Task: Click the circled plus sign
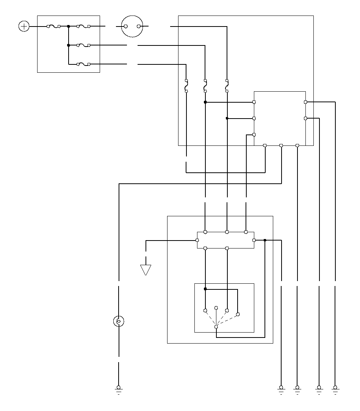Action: coord(24,27)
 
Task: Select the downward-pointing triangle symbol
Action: coord(146,270)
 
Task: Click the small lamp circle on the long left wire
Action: coord(119,322)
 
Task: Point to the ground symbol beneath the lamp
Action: coord(119,389)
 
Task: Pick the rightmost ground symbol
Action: coord(335,389)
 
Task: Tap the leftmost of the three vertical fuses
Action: coord(186,86)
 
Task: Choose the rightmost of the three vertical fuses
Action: coord(227,86)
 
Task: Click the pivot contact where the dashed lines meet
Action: coord(216,327)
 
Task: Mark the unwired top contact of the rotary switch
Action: coord(216,308)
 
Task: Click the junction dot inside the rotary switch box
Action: coord(205,289)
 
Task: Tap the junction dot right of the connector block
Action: coord(265,240)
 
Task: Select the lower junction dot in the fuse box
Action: coord(69,45)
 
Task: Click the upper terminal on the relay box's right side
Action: coord(305,102)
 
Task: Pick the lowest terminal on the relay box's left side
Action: coord(254,134)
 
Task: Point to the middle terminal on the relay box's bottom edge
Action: coord(281,145)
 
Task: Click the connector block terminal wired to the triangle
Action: coord(197,240)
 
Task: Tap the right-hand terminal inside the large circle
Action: coord(139,27)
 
